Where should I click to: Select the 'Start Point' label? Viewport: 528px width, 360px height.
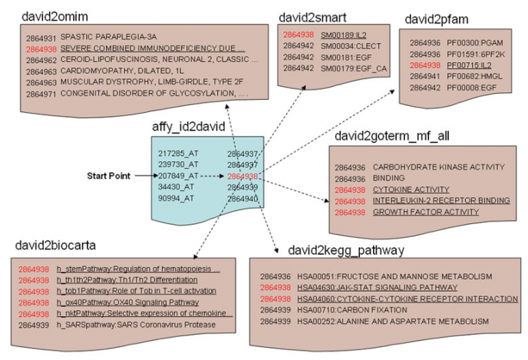[x=107, y=176]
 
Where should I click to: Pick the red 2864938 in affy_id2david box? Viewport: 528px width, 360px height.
[x=242, y=176]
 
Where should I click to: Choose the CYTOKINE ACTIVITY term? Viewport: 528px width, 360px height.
[x=411, y=189]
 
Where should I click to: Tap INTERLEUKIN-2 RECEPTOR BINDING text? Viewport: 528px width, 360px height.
[x=430, y=200]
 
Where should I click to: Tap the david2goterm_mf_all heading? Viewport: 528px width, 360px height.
[x=391, y=136]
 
